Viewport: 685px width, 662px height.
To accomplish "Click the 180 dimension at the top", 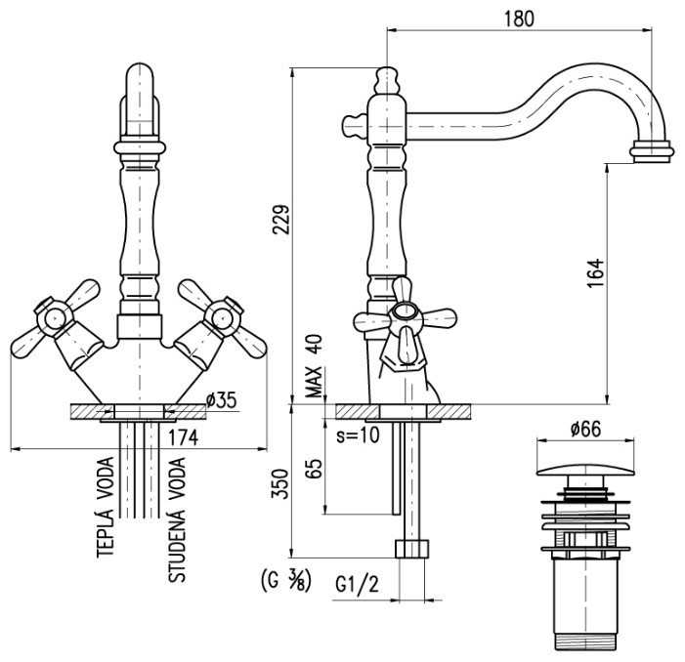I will [520, 19].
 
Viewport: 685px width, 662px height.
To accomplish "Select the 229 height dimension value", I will [280, 224].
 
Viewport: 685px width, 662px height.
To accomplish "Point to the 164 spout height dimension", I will [596, 274].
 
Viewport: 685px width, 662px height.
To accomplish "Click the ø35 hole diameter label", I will [224, 398].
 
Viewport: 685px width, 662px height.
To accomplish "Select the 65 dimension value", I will [315, 467].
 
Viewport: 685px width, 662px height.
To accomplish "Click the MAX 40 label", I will [314, 366].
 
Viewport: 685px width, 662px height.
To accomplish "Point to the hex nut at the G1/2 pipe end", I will [411, 548].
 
